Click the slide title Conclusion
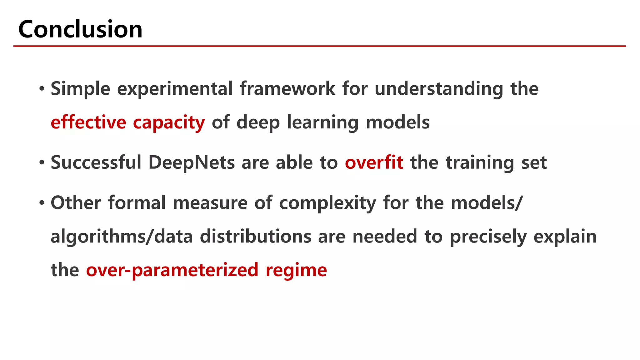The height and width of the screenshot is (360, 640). tap(80, 29)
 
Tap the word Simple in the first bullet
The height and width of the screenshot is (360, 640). tap(80, 89)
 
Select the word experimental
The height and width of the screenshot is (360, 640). tap(175, 89)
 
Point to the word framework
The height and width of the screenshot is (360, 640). tap(287, 89)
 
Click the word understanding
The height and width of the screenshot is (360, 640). tap(439, 89)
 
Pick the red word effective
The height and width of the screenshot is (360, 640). tap(88, 122)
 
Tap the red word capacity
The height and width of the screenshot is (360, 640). tap(169, 123)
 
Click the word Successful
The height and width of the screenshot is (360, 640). tap(96, 162)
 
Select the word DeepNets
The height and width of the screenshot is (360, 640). tap(191, 163)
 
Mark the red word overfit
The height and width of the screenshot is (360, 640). tap(374, 162)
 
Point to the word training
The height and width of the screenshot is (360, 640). tap(480, 163)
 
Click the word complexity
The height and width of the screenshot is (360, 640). tap(327, 203)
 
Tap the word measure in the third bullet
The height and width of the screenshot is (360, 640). tap(210, 203)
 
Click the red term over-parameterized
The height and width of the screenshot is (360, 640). tap(172, 270)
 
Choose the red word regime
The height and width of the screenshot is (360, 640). tap(296, 271)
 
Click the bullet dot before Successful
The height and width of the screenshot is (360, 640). tap(42, 163)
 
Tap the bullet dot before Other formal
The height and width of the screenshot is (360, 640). tap(42, 203)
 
